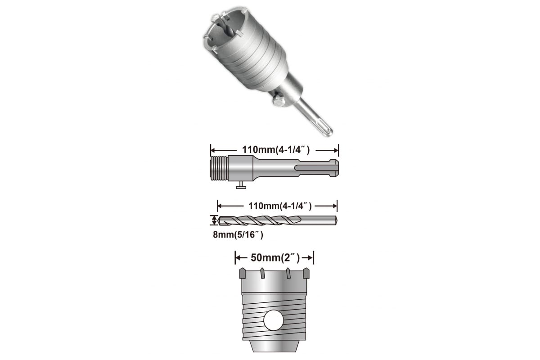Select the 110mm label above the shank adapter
tap(275, 150)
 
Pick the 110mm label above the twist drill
tap(277, 206)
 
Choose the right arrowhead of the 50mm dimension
tap(311, 258)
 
